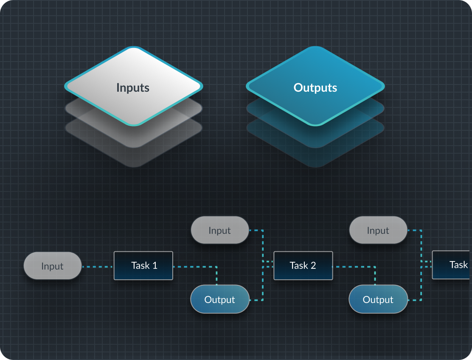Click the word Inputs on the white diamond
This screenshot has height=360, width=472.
point(133,88)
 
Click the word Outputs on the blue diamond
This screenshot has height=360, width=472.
point(315,88)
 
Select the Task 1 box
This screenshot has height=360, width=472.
point(143,266)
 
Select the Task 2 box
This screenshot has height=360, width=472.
point(303,266)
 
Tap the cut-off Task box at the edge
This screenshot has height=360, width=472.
point(452,265)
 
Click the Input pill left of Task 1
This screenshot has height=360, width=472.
point(53,266)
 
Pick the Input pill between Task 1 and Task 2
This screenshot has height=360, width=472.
point(220,231)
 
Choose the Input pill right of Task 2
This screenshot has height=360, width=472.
point(378,231)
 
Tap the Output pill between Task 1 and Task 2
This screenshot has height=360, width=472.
point(220,300)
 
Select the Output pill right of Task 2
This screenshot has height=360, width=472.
point(378,300)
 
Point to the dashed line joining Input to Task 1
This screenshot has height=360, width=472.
point(98,267)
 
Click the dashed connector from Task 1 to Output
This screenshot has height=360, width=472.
point(195,267)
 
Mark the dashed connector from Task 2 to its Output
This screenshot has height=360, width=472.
point(354,267)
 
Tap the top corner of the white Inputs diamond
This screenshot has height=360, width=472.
point(134,48)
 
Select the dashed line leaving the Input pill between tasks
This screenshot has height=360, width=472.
point(256,231)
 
